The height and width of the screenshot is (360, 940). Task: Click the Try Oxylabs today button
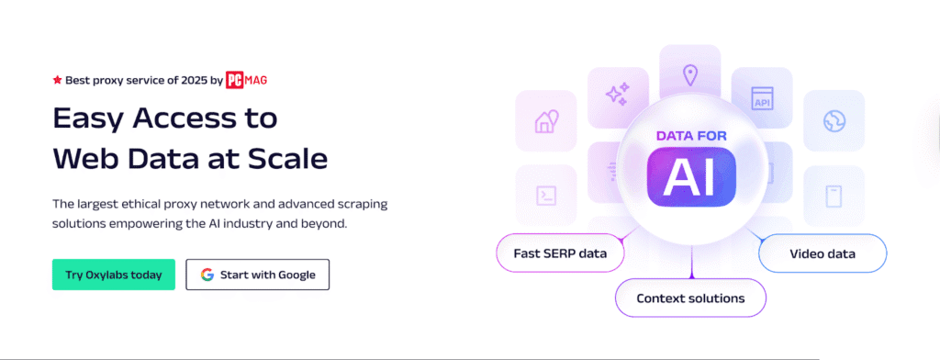(x=113, y=275)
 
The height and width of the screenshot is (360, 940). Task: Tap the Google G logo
(x=207, y=275)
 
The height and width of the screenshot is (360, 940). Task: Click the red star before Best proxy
(x=57, y=80)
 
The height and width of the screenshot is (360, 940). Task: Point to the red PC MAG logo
(x=246, y=80)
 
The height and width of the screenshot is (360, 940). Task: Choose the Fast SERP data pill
(x=560, y=253)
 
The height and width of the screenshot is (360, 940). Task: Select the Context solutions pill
(x=690, y=298)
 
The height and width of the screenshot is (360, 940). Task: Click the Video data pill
(x=822, y=253)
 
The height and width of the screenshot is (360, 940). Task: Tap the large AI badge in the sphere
(x=691, y=177)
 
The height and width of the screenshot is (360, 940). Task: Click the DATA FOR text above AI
(x=691, y=136)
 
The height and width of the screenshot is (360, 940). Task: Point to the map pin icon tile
(x=690, y=75)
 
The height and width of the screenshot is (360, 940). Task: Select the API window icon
(x=762, y=97)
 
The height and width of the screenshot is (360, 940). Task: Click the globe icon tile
(x=834, y=121)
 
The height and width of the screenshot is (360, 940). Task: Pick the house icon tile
(x=545, y=120)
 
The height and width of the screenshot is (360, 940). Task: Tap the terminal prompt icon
(x=546, y=196)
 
